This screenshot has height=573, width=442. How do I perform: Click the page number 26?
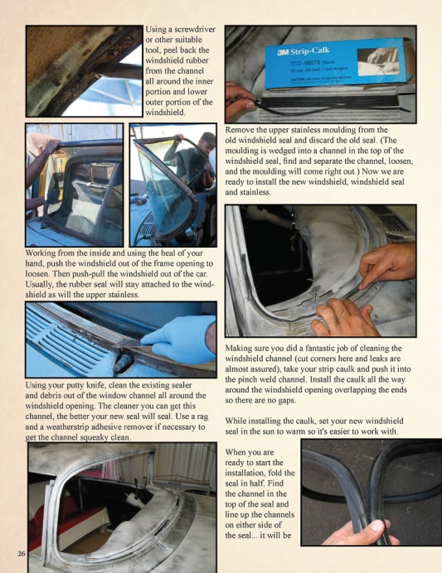coord(22,554)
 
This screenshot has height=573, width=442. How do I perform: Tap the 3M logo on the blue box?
coord(283,52)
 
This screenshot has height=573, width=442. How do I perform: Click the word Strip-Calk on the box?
coord(310,51)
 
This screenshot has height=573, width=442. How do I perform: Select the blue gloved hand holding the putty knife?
coord(179,340)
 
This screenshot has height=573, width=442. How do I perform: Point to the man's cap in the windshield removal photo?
coord(208,137)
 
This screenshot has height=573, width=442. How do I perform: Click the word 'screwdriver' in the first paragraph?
coord(195,29)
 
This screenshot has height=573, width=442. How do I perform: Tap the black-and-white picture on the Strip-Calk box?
coord(376,61)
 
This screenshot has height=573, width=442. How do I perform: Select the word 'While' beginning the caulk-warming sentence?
coord(236,421)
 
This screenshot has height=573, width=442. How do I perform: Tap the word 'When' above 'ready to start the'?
coord(236,452)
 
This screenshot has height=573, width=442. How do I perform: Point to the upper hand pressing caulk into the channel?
coord(387,264)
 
